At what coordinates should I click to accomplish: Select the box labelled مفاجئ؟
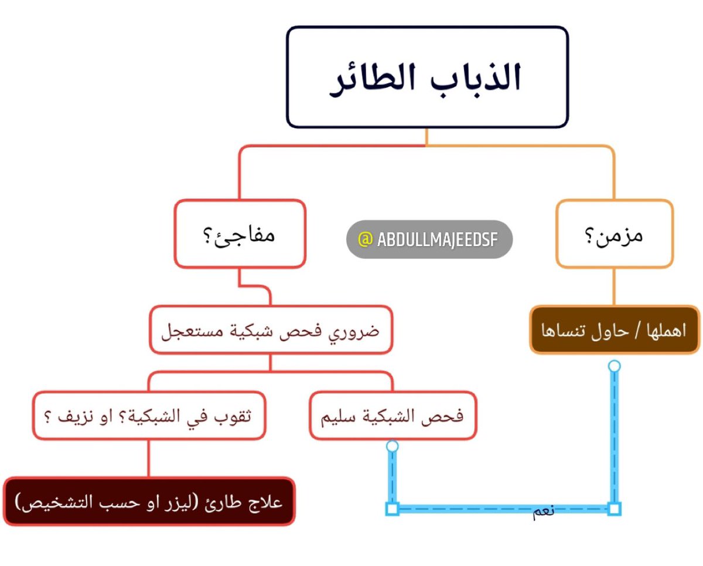click(x=240, y=234)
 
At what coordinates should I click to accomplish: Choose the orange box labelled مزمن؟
click(x=614, y=234)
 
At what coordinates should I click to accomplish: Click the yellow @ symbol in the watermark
click(x=364, y=239)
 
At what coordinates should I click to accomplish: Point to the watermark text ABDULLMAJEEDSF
click(x=436, y=239)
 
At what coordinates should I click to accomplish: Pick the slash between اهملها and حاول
click(x=638, y=330)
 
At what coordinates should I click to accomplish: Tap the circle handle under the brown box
click(x=614, y=366)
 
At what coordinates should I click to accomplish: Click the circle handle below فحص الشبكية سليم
click(x=393, y=446)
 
